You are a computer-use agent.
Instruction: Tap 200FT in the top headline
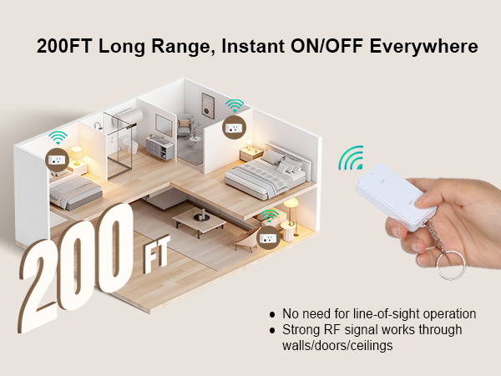64,46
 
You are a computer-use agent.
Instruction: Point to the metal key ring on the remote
451,263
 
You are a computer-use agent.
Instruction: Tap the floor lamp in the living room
291,212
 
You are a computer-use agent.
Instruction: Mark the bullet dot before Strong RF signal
272,330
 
